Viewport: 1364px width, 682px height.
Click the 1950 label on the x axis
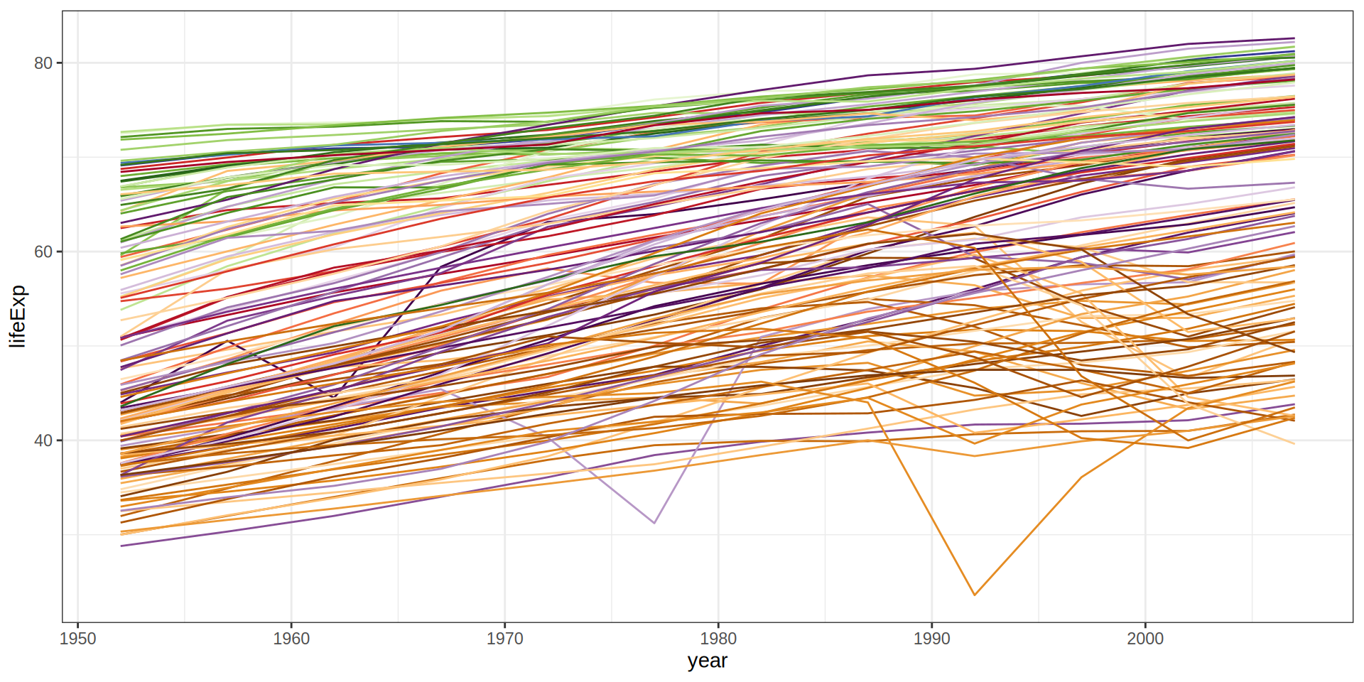tap(78, 639)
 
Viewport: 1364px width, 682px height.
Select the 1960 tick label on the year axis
tap(291, 639)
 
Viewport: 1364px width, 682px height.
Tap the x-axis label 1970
tap(504, 639)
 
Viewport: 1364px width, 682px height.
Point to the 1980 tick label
tap(718, 639)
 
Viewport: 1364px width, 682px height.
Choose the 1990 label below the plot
tap(931, 639)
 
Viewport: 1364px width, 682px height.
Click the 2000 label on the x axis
tap(1145, 639)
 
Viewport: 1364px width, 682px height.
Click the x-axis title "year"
tap(707, 661)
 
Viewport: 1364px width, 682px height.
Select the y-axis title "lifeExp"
tap(18, 316)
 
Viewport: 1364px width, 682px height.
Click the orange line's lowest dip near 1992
tap(975, 595)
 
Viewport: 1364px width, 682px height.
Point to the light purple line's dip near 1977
tap(654, 523)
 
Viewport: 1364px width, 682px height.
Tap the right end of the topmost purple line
tap(1294, 38)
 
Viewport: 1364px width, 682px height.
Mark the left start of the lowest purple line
tap(121, 546)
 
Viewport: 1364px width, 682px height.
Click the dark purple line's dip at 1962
tap(335, 396)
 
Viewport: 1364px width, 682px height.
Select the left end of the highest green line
tap(121, 132)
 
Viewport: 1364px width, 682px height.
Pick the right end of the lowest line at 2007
tap(1294, 444)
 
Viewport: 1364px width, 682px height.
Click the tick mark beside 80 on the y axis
tap(60, 63)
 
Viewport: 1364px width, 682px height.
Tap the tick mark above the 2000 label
tap(1145, 624)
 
